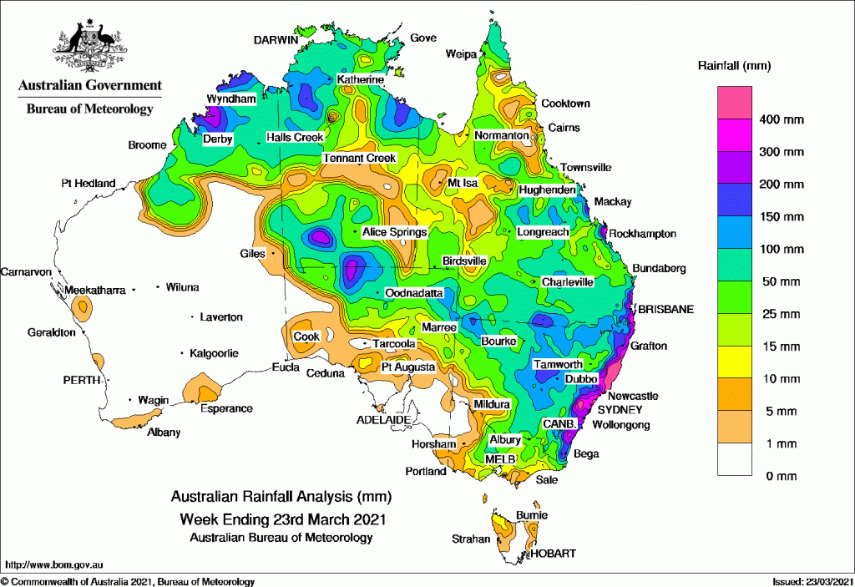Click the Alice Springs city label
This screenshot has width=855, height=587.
pos(395,232)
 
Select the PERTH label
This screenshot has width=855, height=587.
pos(81,380)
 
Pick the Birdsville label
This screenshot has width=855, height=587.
pos(464,261)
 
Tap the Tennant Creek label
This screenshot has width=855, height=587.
pos(359,159)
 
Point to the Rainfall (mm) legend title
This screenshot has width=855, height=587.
pos(734,64)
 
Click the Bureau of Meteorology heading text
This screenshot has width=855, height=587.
pos(90,109)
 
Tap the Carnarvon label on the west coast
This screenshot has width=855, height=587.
pos(27,272)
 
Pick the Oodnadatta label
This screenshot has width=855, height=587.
pos(413,294)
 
